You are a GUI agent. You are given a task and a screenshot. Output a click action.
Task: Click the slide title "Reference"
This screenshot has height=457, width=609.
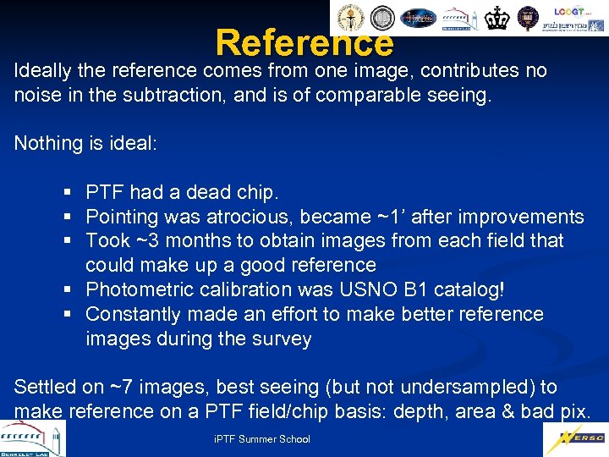pos(304,41)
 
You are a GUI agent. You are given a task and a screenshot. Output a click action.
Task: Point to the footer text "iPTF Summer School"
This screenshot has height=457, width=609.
pos(261,439)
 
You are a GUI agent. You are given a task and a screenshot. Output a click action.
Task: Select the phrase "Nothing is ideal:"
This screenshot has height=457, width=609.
pos(85,143)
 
